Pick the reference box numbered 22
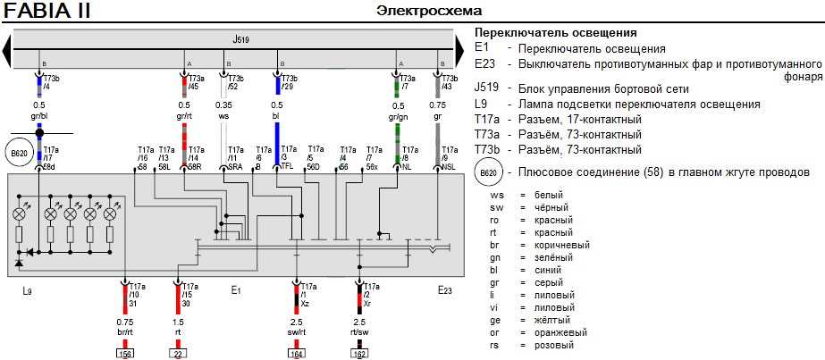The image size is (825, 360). tap(177, 354)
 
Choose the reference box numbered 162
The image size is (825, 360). tap(358, 354)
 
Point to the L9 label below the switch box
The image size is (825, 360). tap(28, 290)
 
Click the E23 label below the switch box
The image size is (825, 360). tap(444, 290)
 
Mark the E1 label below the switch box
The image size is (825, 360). tap(236, 290)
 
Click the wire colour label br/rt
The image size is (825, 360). tap(124, 331)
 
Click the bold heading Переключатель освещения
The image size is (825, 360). tap(555, 33)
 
